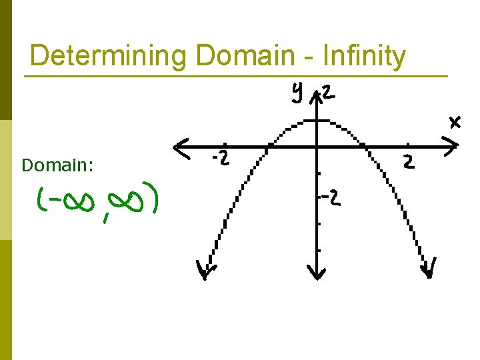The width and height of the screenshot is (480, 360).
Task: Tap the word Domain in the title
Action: pos(245,55)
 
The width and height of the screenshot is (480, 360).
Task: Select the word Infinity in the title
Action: pos(363,57)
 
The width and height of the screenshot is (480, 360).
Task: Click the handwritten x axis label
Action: pos(455,122)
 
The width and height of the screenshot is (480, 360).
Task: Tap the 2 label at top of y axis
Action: pos(329,93)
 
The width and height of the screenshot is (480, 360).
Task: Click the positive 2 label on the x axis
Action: pos(407,161)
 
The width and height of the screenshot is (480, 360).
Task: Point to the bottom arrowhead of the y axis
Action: pos(317,272)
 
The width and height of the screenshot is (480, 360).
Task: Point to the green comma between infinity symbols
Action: pos(106,217)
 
